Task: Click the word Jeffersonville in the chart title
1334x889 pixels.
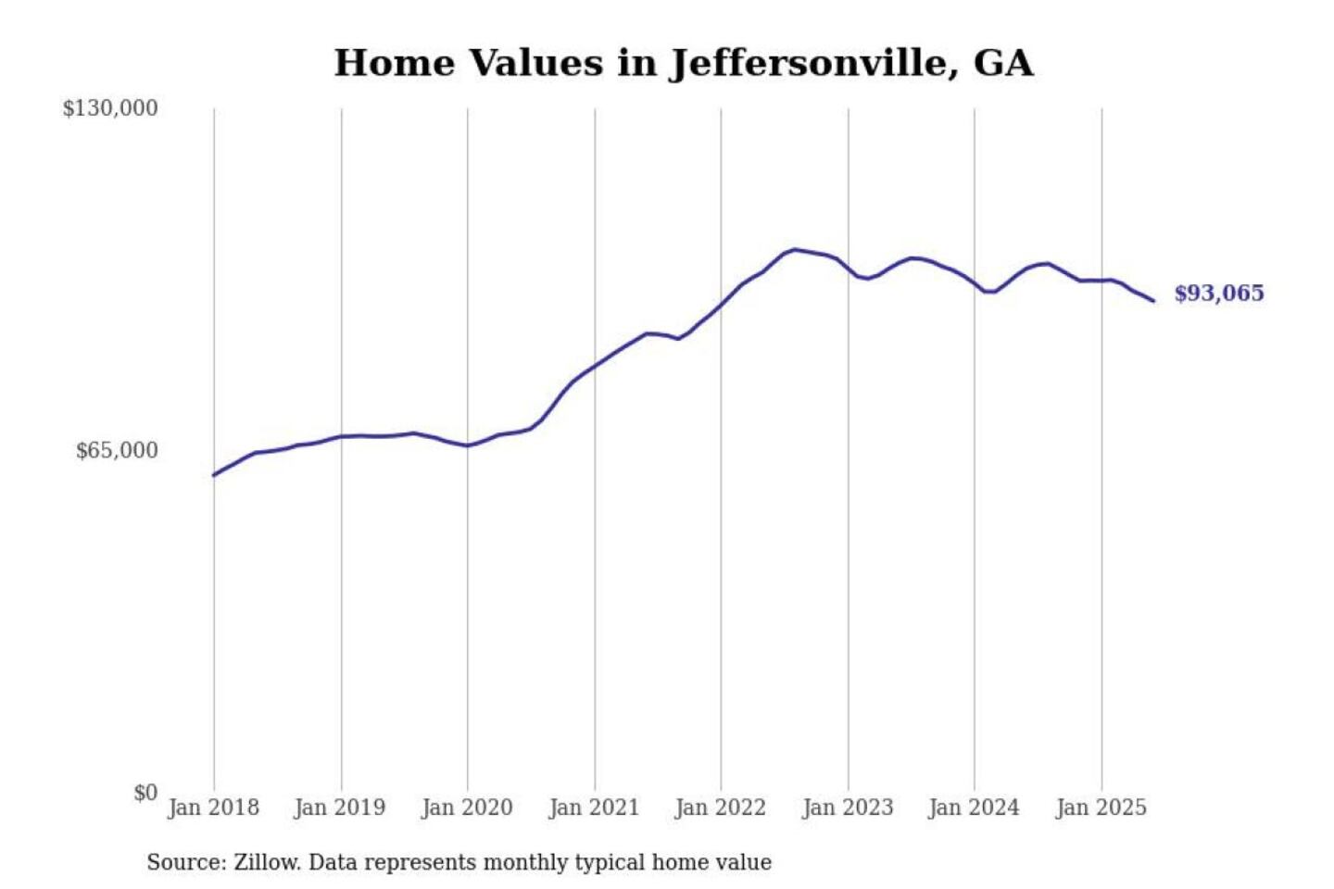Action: [x=812, y=63]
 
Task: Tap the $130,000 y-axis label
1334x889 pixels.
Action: [x=110, y=108]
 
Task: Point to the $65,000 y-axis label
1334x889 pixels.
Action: [x=117, y=451]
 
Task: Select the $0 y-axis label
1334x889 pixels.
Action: [x=145, y=793]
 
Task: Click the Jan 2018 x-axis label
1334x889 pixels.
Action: [x=213, y=808]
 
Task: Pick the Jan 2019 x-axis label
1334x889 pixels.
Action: [x=339, y=808]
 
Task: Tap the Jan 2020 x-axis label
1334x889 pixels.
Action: [x=467, y=808]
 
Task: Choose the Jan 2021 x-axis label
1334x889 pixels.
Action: [x=594, y=808]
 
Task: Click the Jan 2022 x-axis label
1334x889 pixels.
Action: [x=721, y=808]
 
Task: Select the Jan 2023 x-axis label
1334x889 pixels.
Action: [x=848, y=808]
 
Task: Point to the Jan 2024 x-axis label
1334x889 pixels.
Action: [x=974, y=808]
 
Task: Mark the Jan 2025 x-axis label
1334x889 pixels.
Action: [x=1101, y=808]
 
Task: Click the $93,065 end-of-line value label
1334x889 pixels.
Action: [x=1219, y=294]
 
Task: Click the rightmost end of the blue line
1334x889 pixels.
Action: [x=1153, y=301]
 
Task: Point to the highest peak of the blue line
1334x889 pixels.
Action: [x=795, y=249]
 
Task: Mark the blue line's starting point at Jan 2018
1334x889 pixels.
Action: [x=214, y=475]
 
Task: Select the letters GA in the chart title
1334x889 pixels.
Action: [x=1003, y=63]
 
